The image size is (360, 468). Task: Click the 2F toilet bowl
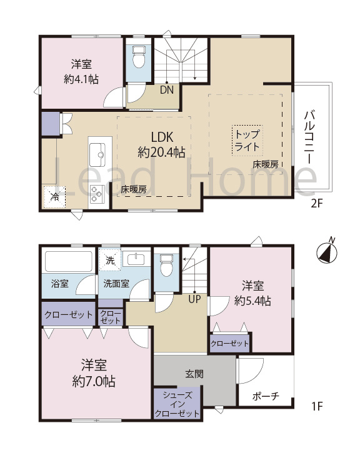[x=138, y=57]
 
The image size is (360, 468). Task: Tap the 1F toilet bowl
[x=166, y=266]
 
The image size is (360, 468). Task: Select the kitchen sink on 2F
[x=97, y=154]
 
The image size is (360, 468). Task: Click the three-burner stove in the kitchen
[x=97, y=194]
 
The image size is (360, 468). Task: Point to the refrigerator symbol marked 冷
[x=54, y=197]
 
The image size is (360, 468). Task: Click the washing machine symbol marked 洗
[x=110, y=260]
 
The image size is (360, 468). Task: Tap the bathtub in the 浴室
[x=69, y=261]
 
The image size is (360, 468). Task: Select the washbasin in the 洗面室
[x=136, y=259]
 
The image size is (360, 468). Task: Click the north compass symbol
[x=327, y=252]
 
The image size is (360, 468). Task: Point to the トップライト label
[x=247, y=141]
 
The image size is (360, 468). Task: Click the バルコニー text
[x=309, y=137]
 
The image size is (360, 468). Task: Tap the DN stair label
[x=167, y=89]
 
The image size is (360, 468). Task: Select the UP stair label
[x=194, y=299]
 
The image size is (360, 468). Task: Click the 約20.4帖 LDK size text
[x=161, y=152]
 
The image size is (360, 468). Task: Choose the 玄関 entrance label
[x=194, y=374]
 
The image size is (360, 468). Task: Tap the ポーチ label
[x=266, y=396]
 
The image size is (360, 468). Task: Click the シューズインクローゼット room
[x=177, y=404]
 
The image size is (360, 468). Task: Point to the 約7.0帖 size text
[x=94, y=381]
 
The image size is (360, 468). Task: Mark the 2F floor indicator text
[x=317, y=204]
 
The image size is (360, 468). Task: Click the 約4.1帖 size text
[x=81, y=79]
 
